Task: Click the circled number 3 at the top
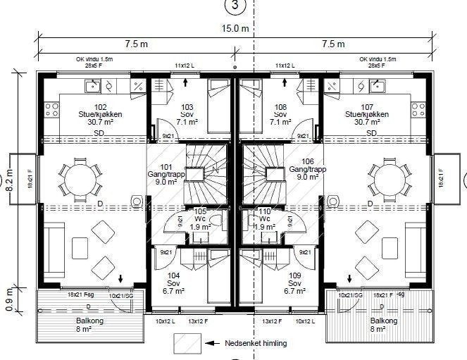click(x=235, y=6)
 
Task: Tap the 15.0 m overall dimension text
click(x=235, y=29)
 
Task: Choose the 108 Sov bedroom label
click(x=280, y=113)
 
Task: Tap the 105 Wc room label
click(x=200, y=218)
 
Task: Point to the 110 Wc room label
click(x=266, y=218)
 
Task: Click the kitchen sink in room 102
click(x=92, y=87)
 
